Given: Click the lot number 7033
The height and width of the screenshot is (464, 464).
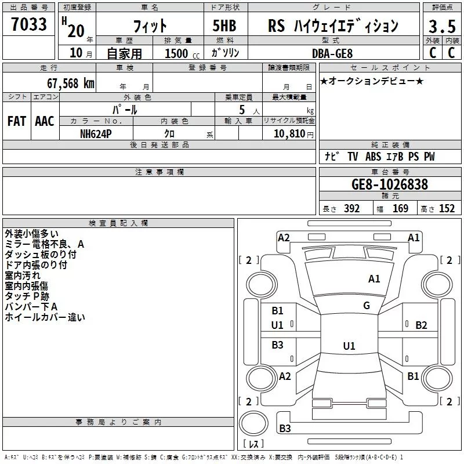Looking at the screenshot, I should tap(30, 25).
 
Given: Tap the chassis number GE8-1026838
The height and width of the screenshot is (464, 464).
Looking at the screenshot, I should tap(390, 184).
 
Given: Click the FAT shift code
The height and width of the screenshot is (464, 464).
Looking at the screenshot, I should tap(16, 121).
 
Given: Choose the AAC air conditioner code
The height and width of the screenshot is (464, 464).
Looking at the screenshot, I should tap(44, 121).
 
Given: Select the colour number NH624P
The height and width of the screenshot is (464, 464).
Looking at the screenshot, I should tap(97, 133).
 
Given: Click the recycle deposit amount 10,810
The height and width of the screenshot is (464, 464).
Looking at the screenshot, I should tap(285, 133).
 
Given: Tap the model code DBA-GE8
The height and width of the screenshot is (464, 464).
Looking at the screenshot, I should tap(331, 53).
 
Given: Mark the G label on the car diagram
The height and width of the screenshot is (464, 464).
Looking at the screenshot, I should tap(367, 306).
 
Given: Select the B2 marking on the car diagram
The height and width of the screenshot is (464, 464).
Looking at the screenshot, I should tap(421, 325).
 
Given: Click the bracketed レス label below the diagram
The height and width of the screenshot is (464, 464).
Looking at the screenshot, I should tap(253, 445).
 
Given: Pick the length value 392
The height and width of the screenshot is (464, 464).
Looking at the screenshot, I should tap(351, 209).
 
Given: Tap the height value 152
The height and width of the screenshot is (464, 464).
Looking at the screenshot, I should tap(447, 209).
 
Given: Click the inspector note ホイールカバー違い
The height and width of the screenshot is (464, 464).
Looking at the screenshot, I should tap(45, 317).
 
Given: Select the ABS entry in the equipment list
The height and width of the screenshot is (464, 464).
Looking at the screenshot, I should tap(374, 157).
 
